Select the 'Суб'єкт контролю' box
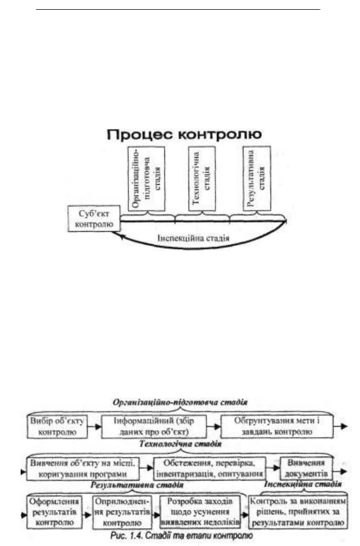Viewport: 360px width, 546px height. (x=94, y=219)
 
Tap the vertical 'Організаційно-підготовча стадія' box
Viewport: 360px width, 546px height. (x=146, y=179)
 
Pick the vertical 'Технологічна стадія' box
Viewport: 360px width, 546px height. (x=202, y=179)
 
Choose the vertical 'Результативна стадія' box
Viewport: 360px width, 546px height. (x=257, y=179)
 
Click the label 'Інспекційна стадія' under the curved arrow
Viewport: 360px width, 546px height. (x=194, y=239)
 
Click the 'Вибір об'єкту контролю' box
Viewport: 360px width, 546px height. (x=57, y=426)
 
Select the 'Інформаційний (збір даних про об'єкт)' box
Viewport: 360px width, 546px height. (x=154, y=426)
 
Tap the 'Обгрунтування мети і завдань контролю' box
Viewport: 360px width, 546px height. (x=277, y=426)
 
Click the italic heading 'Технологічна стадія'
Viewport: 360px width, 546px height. (x=181, y=444)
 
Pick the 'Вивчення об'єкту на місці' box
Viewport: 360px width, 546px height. (x=83, y=469)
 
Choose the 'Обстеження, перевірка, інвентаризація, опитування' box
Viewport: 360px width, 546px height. (x=210, y=469)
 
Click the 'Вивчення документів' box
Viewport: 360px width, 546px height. (x=306, y=469)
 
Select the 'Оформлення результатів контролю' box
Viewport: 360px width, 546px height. (x=54, y=512)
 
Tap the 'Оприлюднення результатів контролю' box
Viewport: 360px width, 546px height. (x=122, y=512)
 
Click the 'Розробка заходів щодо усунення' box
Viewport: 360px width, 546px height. (x=200, y=512)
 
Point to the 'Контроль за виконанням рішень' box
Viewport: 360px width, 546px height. (x=298, y=512)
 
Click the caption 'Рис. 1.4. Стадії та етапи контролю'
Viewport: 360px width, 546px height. (x=181, y=536)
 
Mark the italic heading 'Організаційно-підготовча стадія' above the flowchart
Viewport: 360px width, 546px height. (x=180, y=402)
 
